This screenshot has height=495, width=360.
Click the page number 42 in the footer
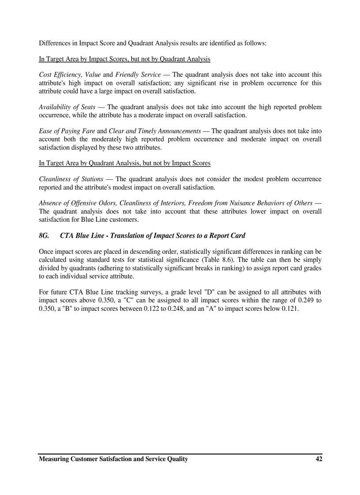pyautogui.click(x=319, y=459)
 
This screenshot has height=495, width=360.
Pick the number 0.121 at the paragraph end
pyautogui.click(x=289, y=309)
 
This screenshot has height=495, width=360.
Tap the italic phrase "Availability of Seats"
pyautogui.click(x=67, y=107)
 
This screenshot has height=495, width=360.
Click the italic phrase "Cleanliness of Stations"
pyautogui.click(x=71, y=179)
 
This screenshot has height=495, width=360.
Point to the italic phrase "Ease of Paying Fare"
pyautogui.click(x=67, y=131)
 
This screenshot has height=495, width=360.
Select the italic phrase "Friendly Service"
pyautogui.click(x=138, y=75)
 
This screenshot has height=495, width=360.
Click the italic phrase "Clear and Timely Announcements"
pyautogui.click(x=155, y=131)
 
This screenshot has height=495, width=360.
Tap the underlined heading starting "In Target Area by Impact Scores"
pyautogui.click(x=124, y=59)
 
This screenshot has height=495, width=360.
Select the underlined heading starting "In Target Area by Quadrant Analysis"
pyautogui.click(x=124, y=163)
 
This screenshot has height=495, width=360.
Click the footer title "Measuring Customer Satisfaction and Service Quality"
pyautogui.click(x=113, y=459)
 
